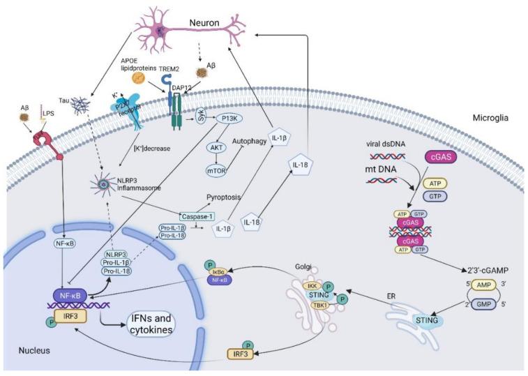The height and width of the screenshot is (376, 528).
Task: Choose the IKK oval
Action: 315,286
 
